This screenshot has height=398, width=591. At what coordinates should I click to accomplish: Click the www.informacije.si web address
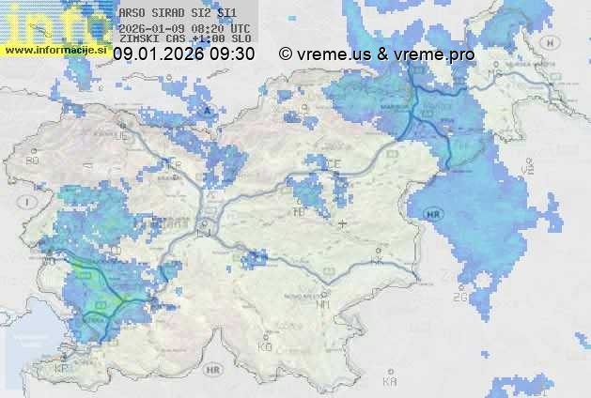54,49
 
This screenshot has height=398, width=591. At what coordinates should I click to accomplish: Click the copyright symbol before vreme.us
286,54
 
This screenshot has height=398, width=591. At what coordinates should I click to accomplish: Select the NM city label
323,303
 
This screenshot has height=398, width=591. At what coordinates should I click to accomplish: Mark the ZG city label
460,297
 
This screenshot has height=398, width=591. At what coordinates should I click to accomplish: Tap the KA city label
390,381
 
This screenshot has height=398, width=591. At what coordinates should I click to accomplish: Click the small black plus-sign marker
343,223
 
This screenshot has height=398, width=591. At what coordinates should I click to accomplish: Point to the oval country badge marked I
29,202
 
